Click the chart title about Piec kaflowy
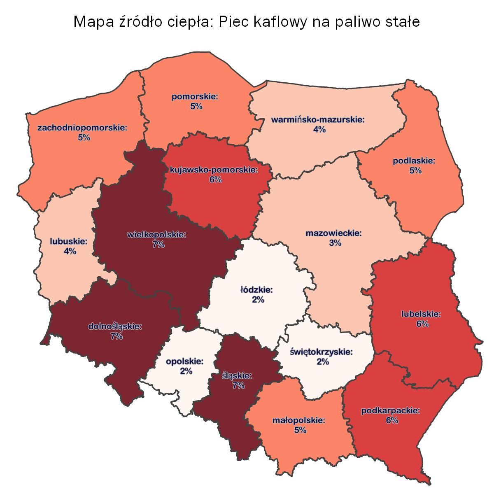click(247, 21)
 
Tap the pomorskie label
click(195, 98)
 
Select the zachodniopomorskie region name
click(82, 128)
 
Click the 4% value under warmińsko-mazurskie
click(319, 130)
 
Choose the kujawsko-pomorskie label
click(214, 170)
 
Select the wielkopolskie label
click(157, 235)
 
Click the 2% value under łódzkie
click(258, 300)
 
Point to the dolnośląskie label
click(115, 327)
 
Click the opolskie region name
click(185, 362)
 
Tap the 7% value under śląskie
click(238, 386)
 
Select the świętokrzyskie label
click(321, 352)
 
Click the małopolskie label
click(299, 421)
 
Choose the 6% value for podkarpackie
click(392, 420)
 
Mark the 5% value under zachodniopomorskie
click(84, 138)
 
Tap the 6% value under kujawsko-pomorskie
click(215, 180)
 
